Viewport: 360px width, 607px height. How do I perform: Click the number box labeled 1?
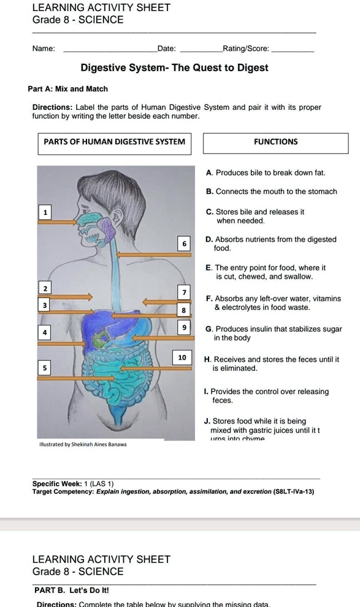(x=44, y=212)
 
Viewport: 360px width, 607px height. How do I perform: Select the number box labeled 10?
(x=182, y=357)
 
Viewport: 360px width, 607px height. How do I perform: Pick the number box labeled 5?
(x=44, y=367)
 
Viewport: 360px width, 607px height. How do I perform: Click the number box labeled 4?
(x=44, y=332)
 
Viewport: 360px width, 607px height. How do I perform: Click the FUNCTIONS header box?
(x=275, y=142)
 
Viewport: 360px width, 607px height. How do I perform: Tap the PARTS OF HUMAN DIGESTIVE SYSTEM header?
(x=115, y=142)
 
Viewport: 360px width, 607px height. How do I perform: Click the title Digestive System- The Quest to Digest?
(x=174, y=68)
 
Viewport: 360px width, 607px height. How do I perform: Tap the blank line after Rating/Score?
(x=292, y=49)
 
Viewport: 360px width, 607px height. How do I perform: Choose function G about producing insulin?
(x=274, y=333)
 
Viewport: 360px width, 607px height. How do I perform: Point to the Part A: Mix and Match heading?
(x=67, y=89)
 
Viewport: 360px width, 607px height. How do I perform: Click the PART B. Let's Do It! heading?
(x=72, y=590)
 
